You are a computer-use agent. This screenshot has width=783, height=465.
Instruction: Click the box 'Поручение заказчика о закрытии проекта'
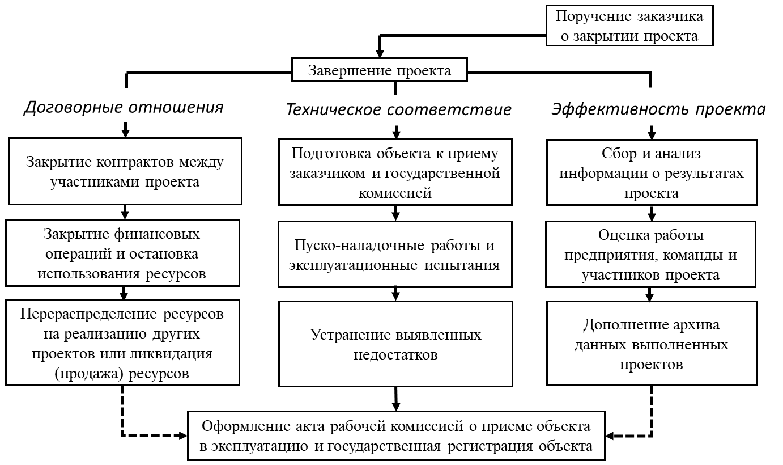pos(629,26)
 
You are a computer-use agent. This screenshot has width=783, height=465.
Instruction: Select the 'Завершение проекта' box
pos(380,70)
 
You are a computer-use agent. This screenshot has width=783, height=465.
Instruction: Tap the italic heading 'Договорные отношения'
pos(124,107)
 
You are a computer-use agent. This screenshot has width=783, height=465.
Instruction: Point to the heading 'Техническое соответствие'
pos(399,109)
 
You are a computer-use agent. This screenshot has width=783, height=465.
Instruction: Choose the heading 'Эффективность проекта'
pos(658,109)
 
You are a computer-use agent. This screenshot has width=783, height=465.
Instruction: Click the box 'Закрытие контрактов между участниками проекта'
pos(125,171)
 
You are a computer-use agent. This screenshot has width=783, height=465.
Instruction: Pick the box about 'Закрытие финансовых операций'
pos(123,253)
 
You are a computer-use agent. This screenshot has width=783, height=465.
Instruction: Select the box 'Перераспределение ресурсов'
pos(123,343)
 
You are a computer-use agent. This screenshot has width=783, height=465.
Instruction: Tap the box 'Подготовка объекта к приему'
pos(395,172)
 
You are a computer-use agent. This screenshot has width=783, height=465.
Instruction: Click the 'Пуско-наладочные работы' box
pos(395,255)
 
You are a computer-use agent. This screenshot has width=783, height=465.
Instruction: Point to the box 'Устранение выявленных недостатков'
pos(395,344)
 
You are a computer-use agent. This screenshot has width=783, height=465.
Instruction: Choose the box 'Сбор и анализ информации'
pos(652,172)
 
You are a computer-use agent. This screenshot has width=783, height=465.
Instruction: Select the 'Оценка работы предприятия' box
pos(651,254)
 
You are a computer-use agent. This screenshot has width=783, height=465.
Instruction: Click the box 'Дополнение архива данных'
pos(652,344)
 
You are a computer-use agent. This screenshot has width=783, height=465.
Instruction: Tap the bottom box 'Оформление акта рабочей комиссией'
pos(397,436)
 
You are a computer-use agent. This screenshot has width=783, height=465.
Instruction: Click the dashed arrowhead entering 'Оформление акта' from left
pos(183,436)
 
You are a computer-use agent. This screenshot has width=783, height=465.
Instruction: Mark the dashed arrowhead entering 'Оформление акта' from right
pos(610,436)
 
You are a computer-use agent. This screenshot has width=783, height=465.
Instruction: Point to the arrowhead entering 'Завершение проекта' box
pos(380,53)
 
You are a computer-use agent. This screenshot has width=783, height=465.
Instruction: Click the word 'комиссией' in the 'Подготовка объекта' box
pos(395,193)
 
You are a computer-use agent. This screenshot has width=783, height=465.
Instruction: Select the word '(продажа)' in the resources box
pos(90,374)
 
